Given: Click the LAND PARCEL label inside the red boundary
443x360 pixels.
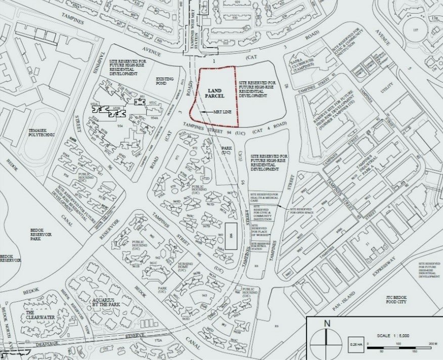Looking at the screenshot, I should pos(211,93).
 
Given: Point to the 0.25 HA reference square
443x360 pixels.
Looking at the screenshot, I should pos(353,344).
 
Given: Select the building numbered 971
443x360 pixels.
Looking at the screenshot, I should pos(178,158).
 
